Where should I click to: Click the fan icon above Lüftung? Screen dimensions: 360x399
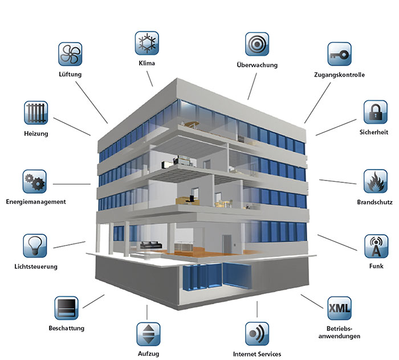pos(71,54)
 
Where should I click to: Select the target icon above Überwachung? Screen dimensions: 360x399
pos(257,44)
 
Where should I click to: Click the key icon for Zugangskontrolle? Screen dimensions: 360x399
pos(339,54)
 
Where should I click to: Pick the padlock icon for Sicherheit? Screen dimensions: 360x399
pos(376,113)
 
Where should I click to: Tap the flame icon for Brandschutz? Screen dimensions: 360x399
pos(376,182)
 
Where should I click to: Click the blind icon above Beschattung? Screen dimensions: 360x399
pos(67,308)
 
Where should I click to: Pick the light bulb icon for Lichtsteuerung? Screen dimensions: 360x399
pos(34,246)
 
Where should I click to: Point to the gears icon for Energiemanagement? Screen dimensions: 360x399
pos(34,182)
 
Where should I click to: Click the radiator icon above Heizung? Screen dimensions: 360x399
pos(36,113)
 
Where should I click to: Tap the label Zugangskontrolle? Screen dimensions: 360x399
pos(339,75)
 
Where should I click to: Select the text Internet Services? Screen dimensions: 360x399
pos(257,354)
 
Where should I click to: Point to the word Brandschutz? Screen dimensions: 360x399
pos(373,202)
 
